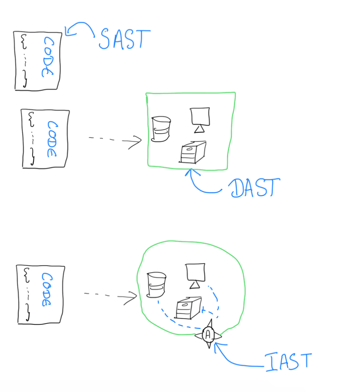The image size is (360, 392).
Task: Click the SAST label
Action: (x=124, y=39)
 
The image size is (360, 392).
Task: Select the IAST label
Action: (x=288, y=361)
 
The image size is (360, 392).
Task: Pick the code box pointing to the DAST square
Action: (x=45, y=139)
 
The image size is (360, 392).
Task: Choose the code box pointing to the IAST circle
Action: (x=41, y=294)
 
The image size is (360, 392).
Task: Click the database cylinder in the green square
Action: (x=161, y=129)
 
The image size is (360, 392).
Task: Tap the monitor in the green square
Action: (x=200, y=119)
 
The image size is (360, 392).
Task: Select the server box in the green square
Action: (x=193, y=152)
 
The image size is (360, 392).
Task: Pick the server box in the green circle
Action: (x=188, y=308)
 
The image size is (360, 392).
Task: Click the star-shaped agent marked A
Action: (x=209, y=335)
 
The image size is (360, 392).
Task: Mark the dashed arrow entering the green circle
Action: (x=110, y=295)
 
